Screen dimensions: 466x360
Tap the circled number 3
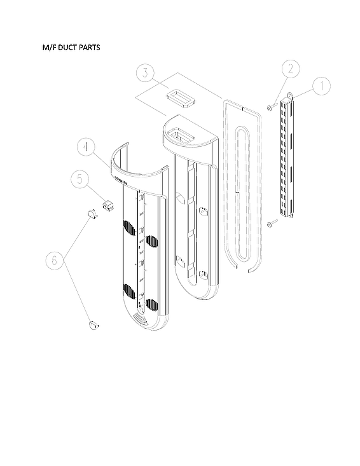(145, 73)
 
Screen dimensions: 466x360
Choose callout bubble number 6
(55, 261)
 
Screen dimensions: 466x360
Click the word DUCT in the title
(69, 48)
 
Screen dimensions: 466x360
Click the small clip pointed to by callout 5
(107, 205)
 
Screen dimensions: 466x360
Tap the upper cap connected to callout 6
(90, 214)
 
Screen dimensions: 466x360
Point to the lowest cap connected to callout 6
(94, 326)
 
